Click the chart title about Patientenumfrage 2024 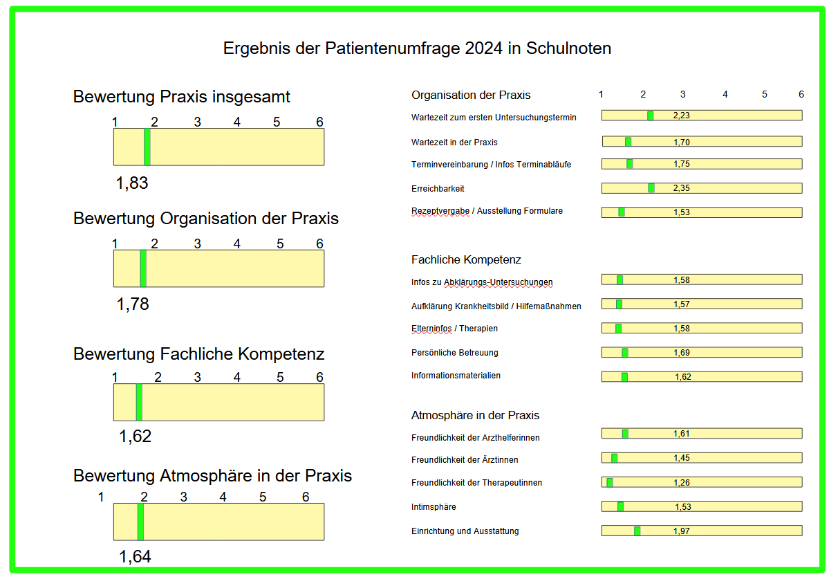coord(417,48)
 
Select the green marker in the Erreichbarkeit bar coord(651,188)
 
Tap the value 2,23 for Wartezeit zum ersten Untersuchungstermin coord(681,116)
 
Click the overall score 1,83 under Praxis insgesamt coord(132,183)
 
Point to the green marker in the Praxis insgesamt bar coord(147,147)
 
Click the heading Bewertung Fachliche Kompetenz coord(199,354)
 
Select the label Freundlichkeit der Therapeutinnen coord(476,483)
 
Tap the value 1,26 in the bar coord(682,483)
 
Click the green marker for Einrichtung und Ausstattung coord(637,531)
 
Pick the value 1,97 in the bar coord(682,531)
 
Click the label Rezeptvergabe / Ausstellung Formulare coord(487,211)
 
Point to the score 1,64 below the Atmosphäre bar coord(135,557)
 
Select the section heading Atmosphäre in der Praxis coord(475,416)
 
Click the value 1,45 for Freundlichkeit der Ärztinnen coord(682,458)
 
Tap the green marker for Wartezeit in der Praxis coord(628,142)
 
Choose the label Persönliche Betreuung coord(454,353)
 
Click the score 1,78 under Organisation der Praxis coord(133,304)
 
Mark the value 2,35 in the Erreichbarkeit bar coord(682,188)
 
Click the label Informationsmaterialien coord(456,376)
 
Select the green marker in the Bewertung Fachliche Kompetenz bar coord(139,402)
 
